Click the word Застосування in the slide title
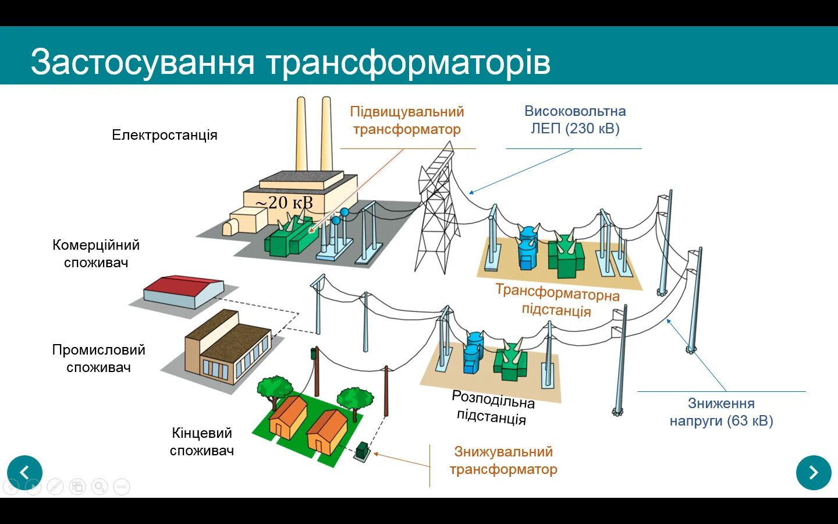coord(143,62)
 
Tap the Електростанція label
coord(164,135)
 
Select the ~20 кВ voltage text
coord(284,203)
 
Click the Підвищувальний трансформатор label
coord(407,121)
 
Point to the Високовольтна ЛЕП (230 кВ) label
coord(575,120)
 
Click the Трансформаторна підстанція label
coord(557,300)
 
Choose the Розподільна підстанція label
coord(492,408)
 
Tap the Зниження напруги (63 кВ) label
coord(721,412)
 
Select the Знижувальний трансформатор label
coord(503,461)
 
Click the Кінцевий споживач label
coord(202,442)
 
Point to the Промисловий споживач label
coord(98,359)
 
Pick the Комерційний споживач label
coord(96,254)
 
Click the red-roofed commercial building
coord(183,291)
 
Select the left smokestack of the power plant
coord(301,134)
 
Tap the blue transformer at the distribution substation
coord(473,352)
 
